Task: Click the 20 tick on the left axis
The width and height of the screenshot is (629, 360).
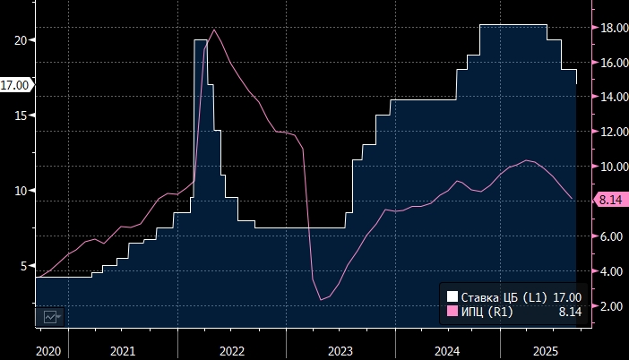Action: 21,40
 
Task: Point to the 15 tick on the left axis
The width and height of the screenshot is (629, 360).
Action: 21,116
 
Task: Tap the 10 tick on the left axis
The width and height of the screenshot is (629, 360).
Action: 21,191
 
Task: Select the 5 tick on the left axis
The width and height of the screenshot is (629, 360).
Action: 24,266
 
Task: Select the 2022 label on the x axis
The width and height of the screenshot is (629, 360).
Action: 231,350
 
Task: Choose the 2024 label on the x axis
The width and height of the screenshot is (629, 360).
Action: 445,350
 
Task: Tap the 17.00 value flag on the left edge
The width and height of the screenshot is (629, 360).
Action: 16,85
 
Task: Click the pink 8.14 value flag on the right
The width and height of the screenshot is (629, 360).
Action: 610,201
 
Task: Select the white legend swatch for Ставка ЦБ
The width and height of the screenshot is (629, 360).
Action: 452,297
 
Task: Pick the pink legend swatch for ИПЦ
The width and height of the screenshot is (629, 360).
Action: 452,312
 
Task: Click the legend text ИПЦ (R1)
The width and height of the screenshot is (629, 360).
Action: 487,312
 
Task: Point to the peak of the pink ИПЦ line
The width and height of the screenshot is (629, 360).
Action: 214,30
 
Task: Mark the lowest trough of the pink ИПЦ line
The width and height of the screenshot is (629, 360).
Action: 321,299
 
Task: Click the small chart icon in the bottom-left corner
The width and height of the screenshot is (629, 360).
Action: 48,316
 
